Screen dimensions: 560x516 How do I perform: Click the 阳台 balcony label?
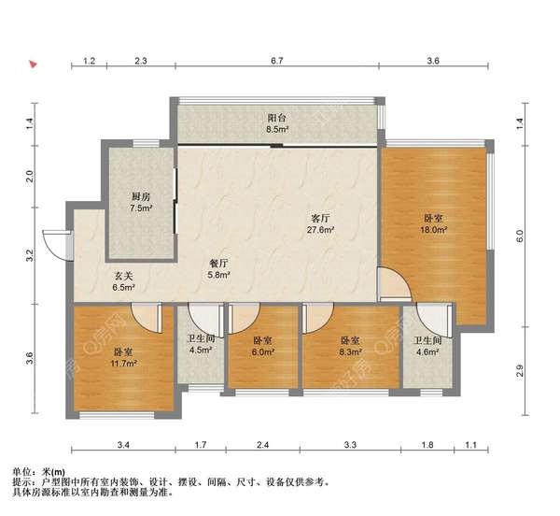[277, 117]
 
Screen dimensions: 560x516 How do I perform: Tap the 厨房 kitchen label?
[141, 196]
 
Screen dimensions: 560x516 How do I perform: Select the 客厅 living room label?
[320, 218]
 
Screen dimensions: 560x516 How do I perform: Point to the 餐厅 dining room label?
[218, 264]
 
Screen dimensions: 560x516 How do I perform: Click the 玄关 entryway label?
[123, 276]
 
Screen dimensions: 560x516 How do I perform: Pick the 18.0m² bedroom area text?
[434, 230]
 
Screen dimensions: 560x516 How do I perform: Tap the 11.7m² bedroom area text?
[124, 364]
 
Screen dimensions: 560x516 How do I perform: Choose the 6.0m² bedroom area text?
[262, 351]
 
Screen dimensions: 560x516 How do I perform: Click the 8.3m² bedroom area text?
[350, 351]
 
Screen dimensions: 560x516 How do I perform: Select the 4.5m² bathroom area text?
[201, 351]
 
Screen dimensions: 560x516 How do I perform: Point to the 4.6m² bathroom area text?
[427, 351]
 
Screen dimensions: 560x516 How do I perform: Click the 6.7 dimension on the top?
[277, 61]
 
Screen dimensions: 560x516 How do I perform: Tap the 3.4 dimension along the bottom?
[123, 445]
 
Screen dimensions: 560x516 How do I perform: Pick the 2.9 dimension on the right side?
[520, 371]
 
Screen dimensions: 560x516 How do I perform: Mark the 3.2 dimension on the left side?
[30, 255]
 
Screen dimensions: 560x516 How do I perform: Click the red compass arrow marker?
[34, 64]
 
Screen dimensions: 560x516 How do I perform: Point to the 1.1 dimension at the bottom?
[471, 445]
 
